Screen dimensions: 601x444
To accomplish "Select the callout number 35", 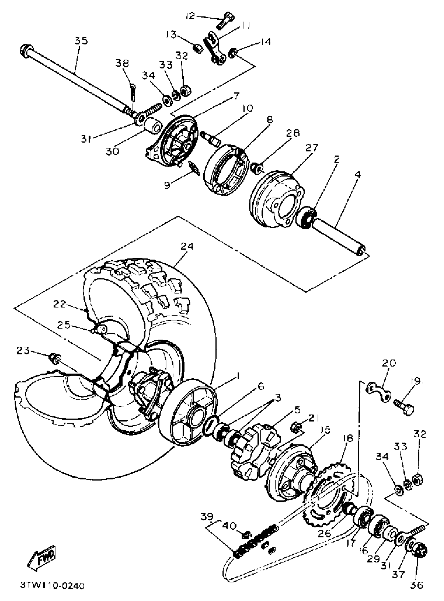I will pos(81,41).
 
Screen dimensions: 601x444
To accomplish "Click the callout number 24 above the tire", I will pos(187,247).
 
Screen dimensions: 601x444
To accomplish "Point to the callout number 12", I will pos(190,16).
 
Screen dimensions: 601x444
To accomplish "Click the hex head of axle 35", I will pos(26,50).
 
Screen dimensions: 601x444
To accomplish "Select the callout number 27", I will pos(312,148).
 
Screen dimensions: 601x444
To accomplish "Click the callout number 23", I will pos(23,351).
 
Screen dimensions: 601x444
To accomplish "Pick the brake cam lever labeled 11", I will pos(215,48).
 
